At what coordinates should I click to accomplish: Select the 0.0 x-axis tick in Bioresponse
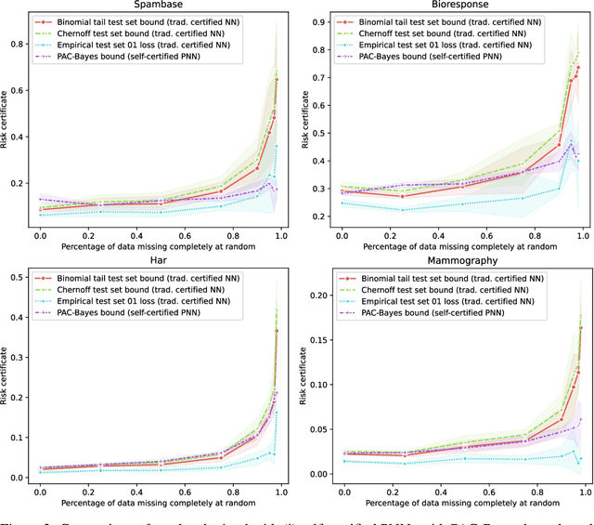[x=344, y=238]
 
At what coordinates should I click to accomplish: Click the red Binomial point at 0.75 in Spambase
[x=221, y=165]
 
